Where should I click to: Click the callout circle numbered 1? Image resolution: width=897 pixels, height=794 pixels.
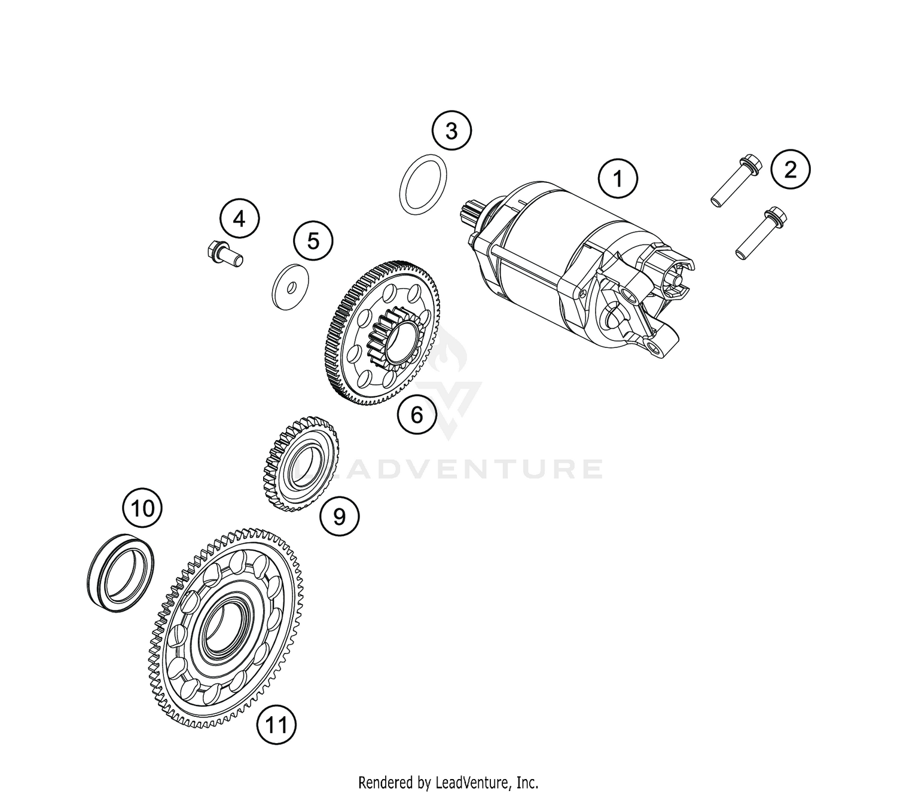(618, 179)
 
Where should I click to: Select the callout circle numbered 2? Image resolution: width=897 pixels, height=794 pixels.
(790, 170)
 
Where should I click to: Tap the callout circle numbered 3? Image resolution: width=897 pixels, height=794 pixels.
(451, 130)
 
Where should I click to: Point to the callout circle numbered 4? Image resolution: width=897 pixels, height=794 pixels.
(239, 219)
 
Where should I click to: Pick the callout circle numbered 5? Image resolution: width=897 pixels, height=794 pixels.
(313, 241)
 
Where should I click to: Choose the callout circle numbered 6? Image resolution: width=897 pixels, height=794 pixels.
(417, 414)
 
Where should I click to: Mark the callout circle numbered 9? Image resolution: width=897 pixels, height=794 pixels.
(339, 515)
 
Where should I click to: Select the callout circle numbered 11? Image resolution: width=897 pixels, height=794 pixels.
(276, 725)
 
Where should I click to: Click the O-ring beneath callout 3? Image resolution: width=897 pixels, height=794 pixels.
(423, 184)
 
